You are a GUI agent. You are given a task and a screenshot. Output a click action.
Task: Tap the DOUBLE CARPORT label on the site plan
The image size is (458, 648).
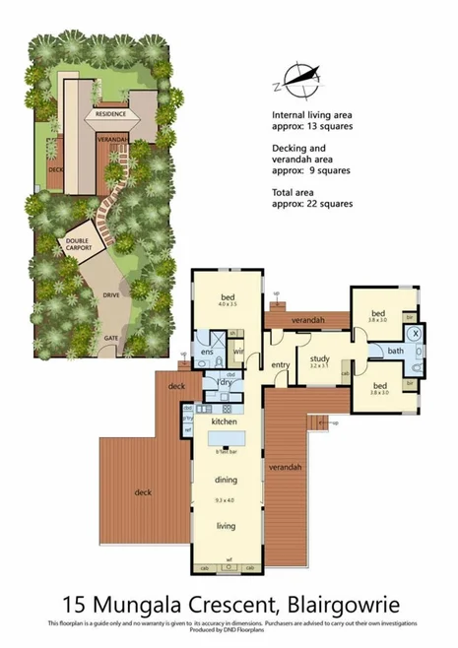coord(78,244)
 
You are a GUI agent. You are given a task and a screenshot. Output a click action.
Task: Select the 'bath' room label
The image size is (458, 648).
coord(396,351)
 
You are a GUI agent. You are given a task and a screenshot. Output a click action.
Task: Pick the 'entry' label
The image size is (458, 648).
coord(281,365)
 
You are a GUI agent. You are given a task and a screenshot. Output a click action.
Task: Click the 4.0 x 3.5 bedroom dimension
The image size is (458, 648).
coord(228,304)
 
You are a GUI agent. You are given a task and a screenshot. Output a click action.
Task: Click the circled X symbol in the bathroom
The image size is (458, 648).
coord(416,334)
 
